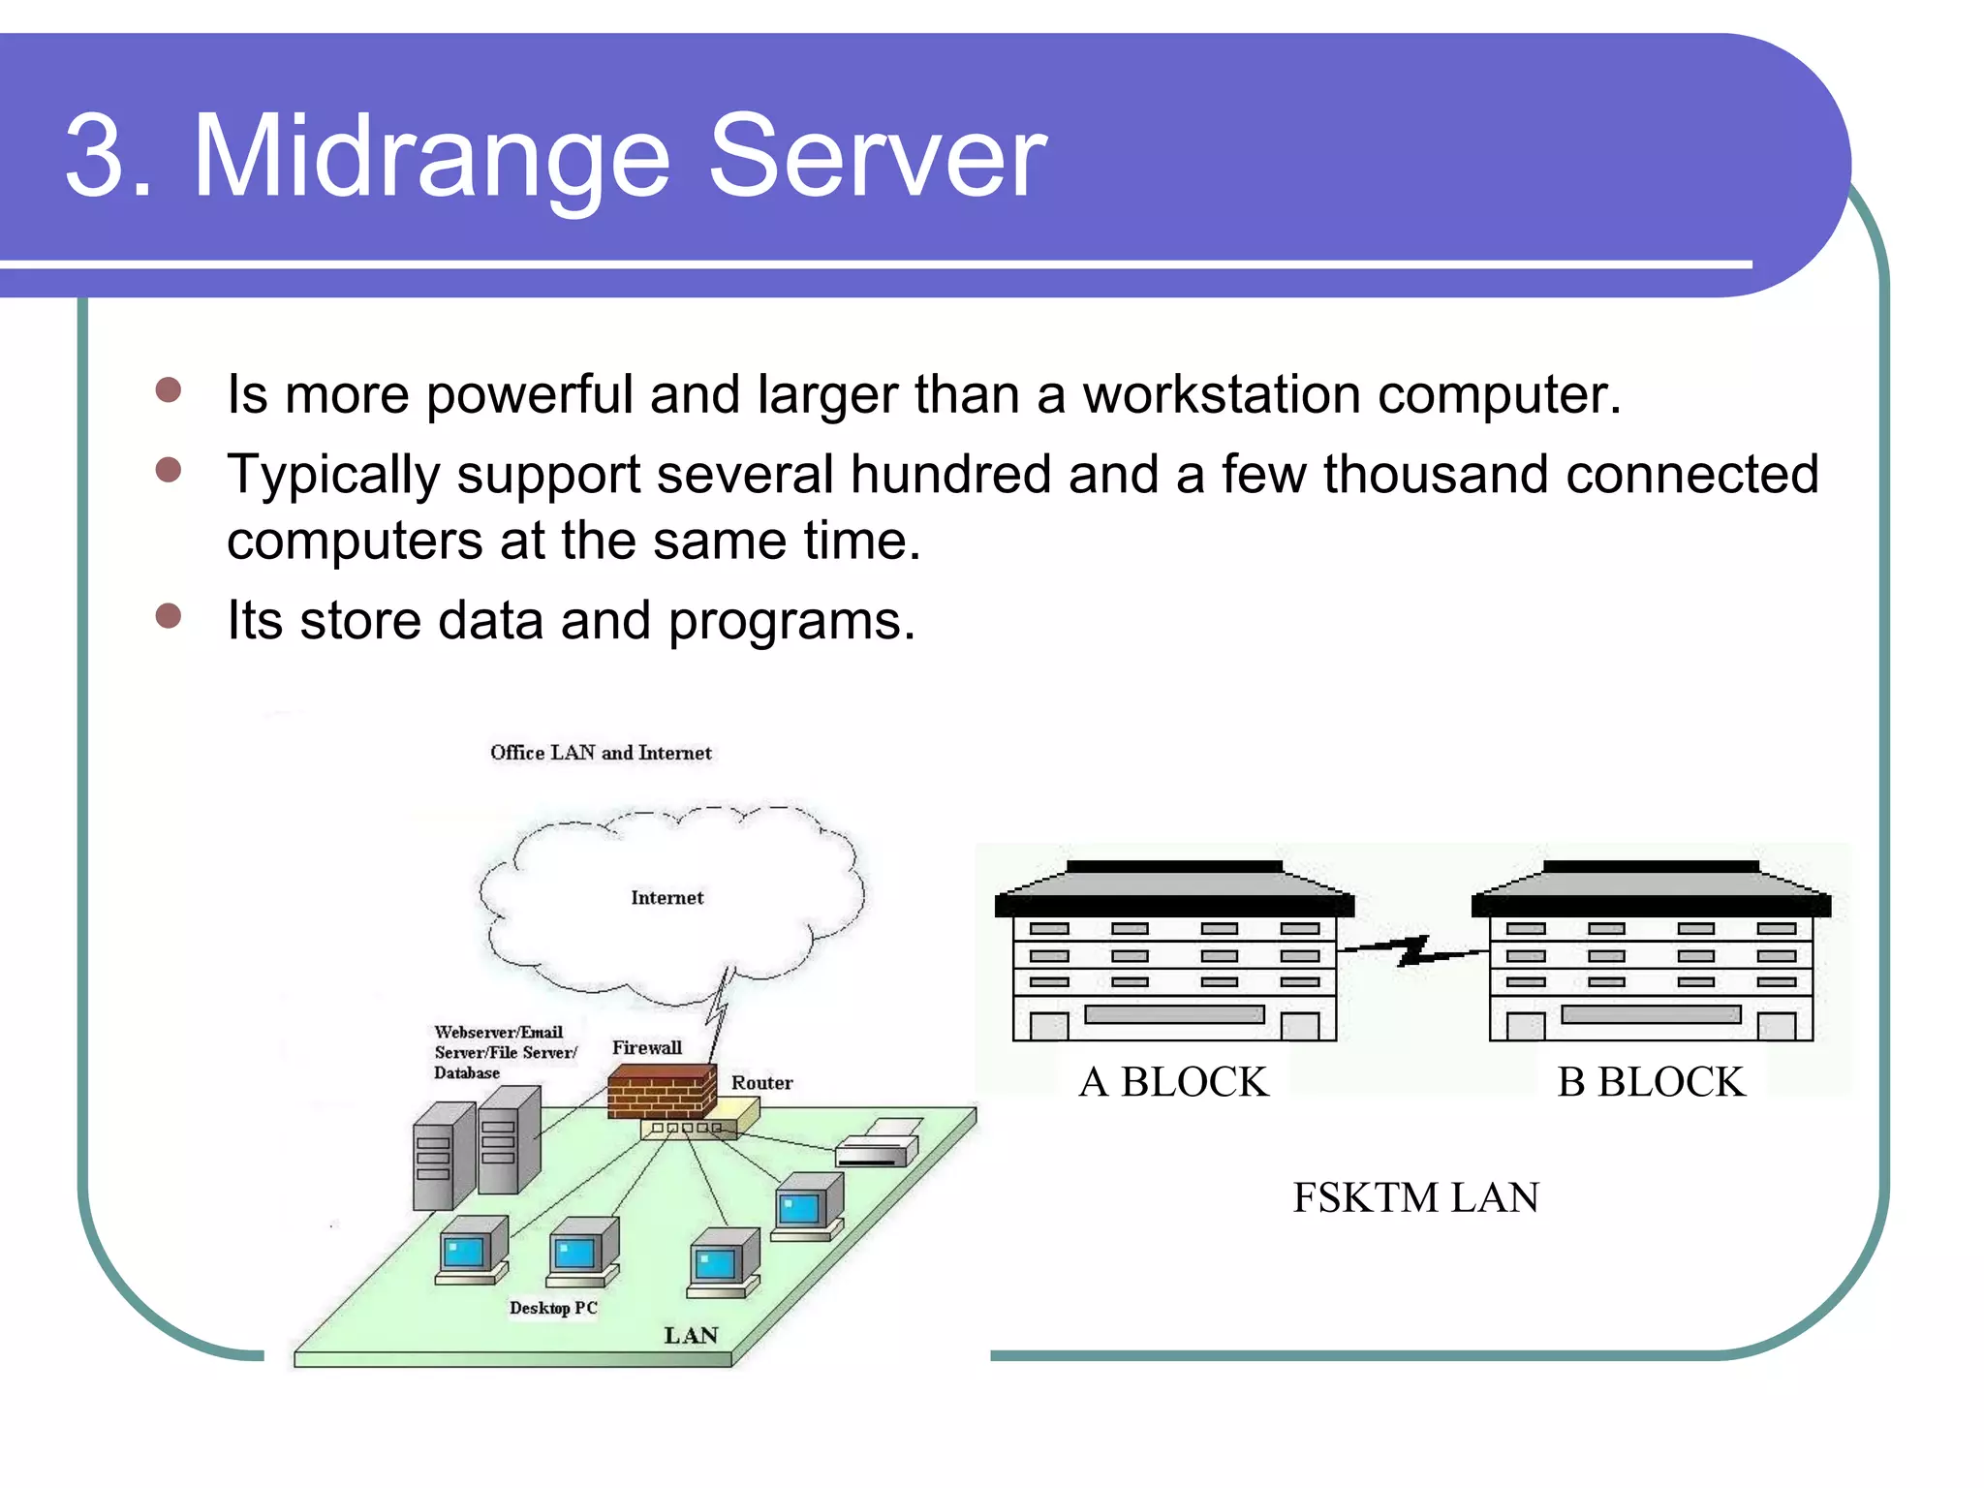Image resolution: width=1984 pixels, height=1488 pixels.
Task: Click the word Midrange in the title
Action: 431,157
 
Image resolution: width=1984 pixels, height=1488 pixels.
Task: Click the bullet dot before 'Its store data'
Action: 169,616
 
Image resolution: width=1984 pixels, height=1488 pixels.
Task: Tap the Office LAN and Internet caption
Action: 601,753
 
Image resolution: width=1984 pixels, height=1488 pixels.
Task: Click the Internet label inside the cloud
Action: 666,898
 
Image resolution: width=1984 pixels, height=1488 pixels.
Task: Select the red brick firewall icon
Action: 661,1092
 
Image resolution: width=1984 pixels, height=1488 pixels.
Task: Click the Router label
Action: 761,1083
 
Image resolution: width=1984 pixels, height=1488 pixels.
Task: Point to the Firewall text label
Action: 646,1048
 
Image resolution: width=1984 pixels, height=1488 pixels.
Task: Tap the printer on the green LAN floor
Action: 877,1143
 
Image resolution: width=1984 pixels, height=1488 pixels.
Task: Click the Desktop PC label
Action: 553,1308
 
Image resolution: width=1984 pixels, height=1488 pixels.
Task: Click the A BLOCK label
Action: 1173,1082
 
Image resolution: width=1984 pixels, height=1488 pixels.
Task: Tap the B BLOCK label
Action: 1651,1082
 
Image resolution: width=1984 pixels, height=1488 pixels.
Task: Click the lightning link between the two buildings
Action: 1412,951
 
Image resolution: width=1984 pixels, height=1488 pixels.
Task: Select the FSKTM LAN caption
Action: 1415,1198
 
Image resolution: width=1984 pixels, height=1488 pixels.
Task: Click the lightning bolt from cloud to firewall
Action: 718,1009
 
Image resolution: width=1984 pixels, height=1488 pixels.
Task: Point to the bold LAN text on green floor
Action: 691,1336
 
